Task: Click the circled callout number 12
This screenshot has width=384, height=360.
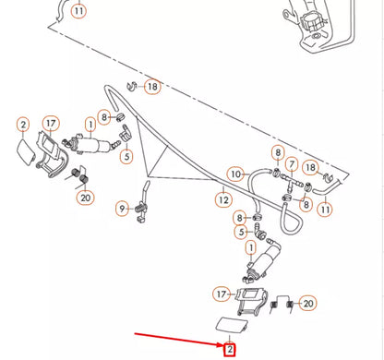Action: click(223, 200)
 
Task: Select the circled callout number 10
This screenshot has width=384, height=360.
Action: click(235, 174)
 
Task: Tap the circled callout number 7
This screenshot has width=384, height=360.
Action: click(292, 165)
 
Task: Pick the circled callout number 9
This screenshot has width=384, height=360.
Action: click(122, 209)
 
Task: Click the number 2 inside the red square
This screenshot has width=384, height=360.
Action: click(230, 350)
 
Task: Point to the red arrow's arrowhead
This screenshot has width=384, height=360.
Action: click(221, 344)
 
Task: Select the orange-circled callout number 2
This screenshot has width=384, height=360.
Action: click(23, 125)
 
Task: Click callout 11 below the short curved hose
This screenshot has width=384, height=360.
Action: click(325, 210)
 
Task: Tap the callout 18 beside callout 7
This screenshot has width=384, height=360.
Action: click(310, 168)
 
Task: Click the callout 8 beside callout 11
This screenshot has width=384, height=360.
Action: click(306, 205)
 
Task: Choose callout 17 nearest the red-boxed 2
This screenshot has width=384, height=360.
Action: click(222, 294)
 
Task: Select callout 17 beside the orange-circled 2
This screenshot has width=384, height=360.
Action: click(51, 124)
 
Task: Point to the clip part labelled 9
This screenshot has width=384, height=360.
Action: click(141, 211)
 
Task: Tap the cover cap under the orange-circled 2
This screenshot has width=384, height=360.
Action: click(26, 152)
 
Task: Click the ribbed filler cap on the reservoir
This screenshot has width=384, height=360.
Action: click(311, 20)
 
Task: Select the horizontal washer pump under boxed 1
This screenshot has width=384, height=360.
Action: click(90, 145)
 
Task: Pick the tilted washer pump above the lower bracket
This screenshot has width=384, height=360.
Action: click(262, 261)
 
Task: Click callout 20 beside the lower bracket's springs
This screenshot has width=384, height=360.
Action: click(308, 304)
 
